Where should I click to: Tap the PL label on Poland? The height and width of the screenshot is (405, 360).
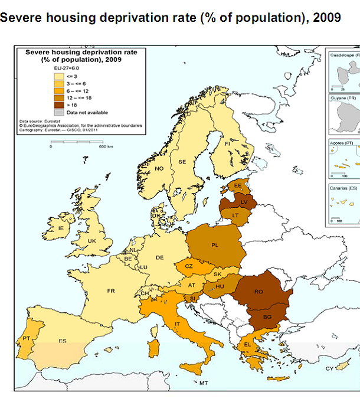pos(215,244)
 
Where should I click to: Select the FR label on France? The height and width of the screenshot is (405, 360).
pos(110,291)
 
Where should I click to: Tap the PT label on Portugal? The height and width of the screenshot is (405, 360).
pos(26,338)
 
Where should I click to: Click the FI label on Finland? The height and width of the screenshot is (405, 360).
pos(227,143)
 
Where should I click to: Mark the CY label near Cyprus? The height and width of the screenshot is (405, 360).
pos(329,369)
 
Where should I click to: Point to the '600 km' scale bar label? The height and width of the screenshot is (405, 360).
pos(106,146)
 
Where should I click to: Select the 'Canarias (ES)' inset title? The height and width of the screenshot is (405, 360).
pos(343,188)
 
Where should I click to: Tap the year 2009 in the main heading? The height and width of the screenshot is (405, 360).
pos(327,18)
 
